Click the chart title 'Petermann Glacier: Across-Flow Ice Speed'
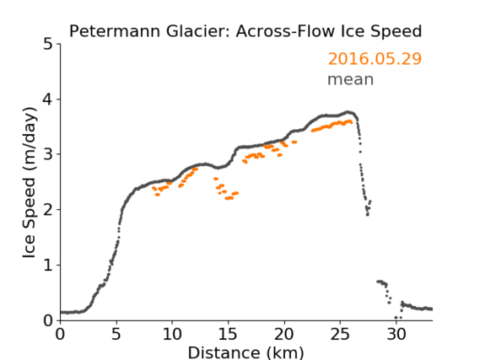point(245,31)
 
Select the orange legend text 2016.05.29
point(375,59)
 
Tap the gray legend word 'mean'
point(351,80)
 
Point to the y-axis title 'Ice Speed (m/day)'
point(30,183)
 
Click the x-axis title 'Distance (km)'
point(245,353)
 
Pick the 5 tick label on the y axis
point(48,45)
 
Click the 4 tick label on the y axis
point(48,99)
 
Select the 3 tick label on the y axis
point(48,154)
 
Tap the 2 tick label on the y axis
point(48,210)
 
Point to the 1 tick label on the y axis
point(48,266)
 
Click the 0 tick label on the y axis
point(48,320)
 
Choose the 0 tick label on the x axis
point(60,335)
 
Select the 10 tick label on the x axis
point(172,335)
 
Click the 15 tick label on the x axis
point(228,335)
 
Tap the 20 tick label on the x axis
point(284,335)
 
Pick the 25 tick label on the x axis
point(340,335)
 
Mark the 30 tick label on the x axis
point(396,335)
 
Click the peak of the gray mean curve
point(348,112)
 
